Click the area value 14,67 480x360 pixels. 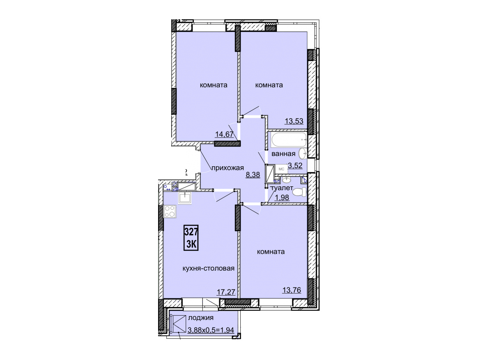(x=225, y=134)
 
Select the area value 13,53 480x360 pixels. (x=294, y=121)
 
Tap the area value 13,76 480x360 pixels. (x=292, y=289)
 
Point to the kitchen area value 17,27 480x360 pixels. (x=226, y=292)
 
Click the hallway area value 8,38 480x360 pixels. (x=253, y=175)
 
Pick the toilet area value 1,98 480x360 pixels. (x=282, y=197)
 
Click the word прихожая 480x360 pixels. (x=227, y=168)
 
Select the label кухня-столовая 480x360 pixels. (x=209, y=268)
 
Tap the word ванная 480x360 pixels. (x=283, y=154)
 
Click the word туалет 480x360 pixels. (x=282, y=188)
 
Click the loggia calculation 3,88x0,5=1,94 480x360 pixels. (x=211, y=330)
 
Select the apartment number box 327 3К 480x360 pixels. (x=191, y=238)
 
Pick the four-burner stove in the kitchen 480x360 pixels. (x=170, y=211)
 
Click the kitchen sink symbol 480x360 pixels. (x=185, y=197)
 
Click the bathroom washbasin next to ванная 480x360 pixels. (x=303, y=154)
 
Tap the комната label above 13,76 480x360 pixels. (x=271, y=252)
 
